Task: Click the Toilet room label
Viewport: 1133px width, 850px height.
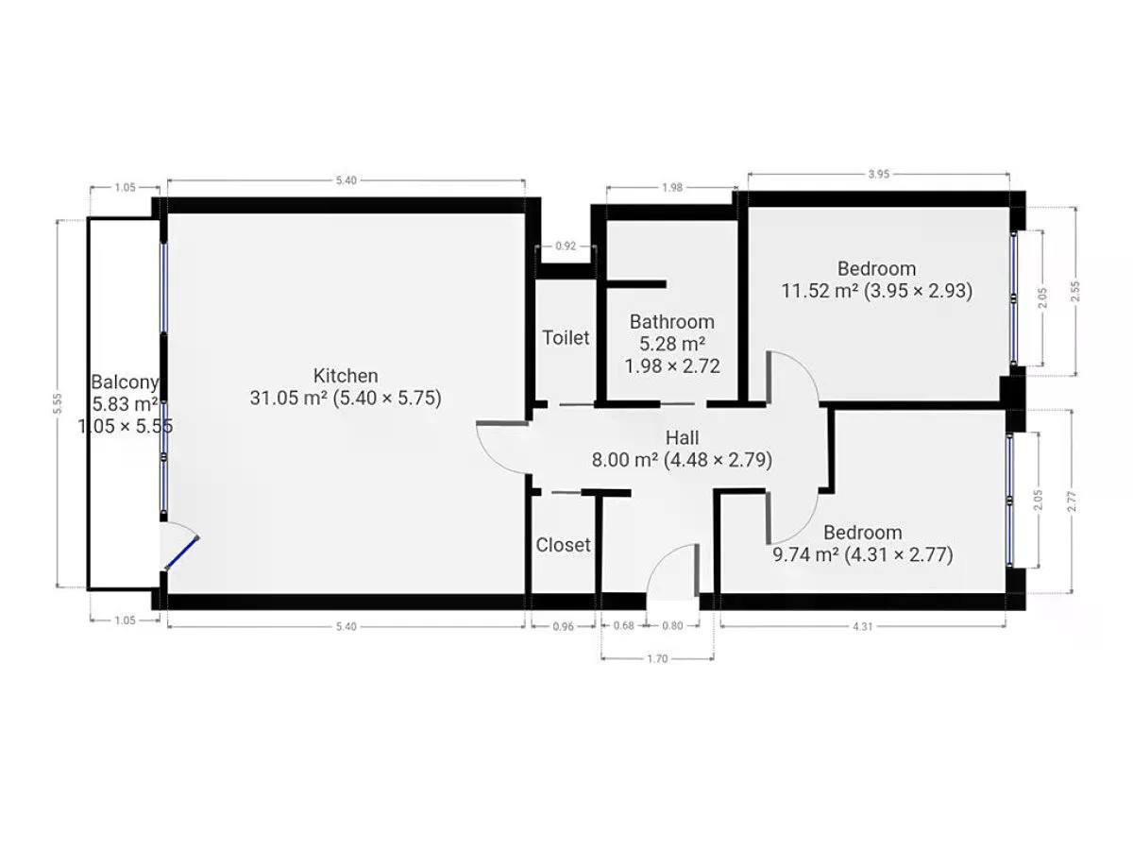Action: [566, 337]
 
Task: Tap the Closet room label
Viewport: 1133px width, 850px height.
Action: [563, 545]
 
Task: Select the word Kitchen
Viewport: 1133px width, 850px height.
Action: [346, 375]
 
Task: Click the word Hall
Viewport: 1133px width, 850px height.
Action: [682, 437]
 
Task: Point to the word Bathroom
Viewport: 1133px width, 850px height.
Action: [671, 321]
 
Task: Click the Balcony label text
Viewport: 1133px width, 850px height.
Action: [125, 382]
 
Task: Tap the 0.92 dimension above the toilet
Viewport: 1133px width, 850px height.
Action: [566, 246]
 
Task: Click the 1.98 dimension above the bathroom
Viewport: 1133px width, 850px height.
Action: [672, 187]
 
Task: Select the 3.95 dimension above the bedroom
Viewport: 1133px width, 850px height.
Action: [878, 174]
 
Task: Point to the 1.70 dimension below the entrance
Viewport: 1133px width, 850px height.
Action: [657, 658]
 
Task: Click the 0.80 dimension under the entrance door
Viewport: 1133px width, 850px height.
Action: [672, 625]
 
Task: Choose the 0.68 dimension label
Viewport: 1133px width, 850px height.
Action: [623, 625]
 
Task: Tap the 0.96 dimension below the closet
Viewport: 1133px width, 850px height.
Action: [563, 626]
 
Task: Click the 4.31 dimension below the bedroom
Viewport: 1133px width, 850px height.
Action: [863, 626]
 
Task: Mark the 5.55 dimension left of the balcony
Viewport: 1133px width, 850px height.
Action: [58, 403]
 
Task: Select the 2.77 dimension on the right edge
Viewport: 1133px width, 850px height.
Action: [1072, 501]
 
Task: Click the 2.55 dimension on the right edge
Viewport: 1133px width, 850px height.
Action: [1075, 291]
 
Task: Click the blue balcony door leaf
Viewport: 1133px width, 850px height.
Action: [181, 553]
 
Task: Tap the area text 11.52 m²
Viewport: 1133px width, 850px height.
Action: [820, 291]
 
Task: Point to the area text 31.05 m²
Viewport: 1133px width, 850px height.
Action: [289, 398]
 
